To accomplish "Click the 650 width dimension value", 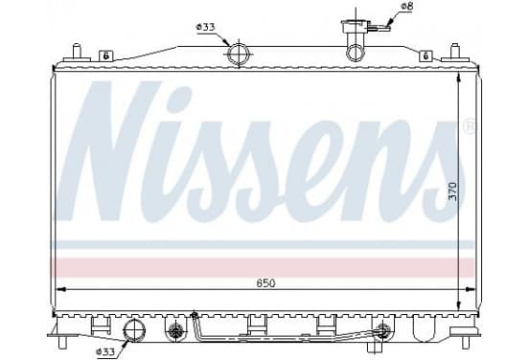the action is click(265, 283).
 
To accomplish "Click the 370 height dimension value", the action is click(452, 191).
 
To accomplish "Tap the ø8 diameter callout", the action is click(407, 7).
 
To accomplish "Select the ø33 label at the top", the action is click(205, 27).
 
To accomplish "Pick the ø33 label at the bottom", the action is click(105, 352).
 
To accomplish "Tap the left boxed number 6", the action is click(106, 56).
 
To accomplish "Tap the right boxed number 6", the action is click(425, 56).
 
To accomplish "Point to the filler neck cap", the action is click(356, 26).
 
